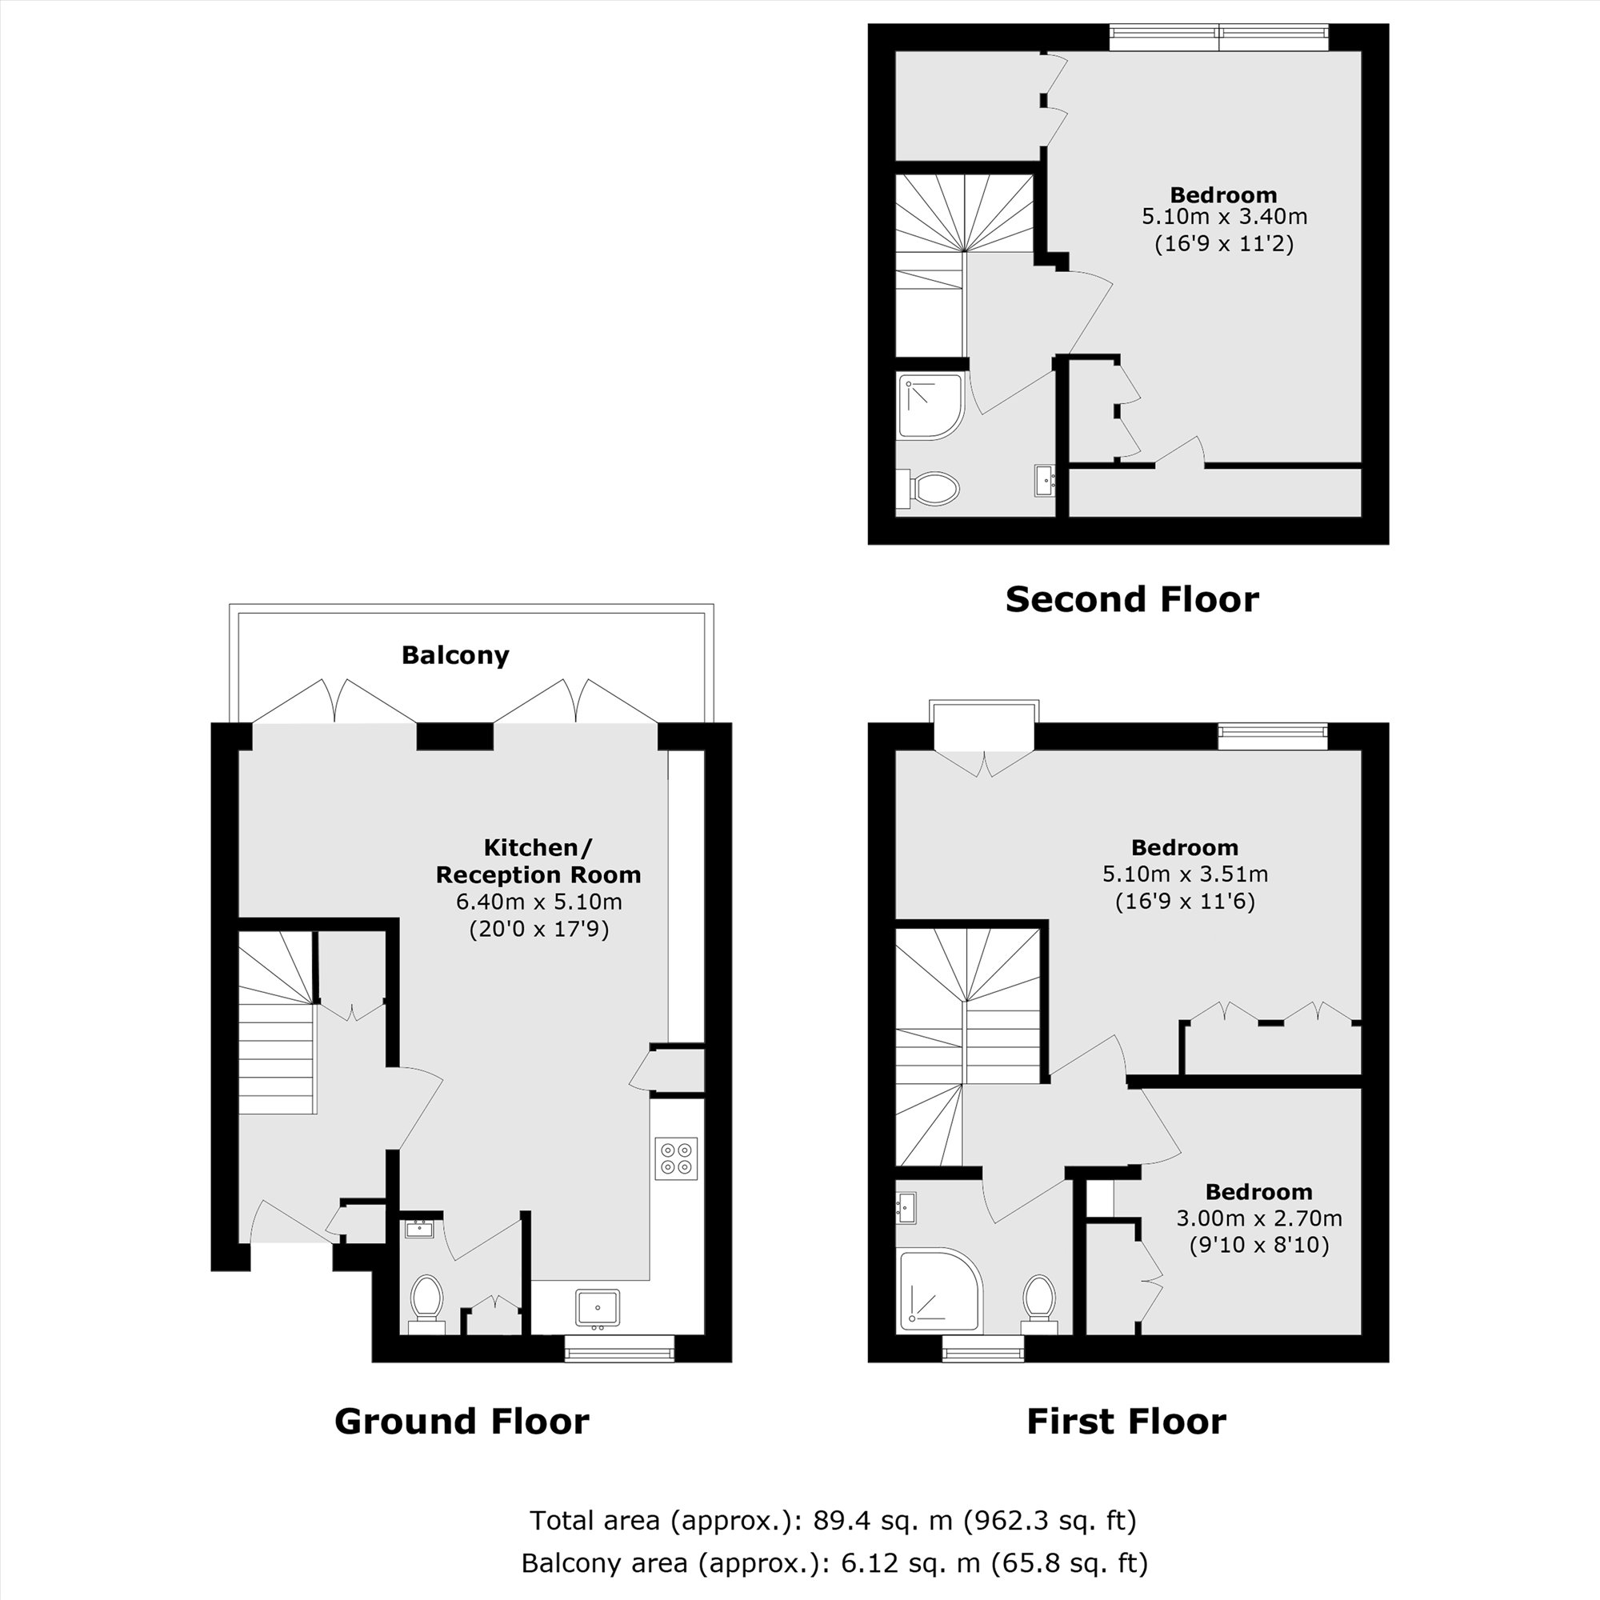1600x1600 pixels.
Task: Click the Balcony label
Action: pos(454,655)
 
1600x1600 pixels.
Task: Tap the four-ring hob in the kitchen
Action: pos(676,1158)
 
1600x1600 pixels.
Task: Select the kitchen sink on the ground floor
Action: pos(597,1308)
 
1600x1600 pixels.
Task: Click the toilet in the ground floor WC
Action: pos(427,1299)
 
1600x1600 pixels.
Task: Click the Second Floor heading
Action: pos(1131,599)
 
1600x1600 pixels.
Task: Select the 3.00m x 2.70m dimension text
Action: pos(1258,1218)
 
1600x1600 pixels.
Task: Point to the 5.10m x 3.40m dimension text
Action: pos(1224,217)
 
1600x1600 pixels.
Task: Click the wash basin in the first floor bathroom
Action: pos(906,1207)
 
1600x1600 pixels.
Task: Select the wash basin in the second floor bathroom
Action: pos(1044,480)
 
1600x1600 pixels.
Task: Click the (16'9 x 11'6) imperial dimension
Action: pos(1184,901)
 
